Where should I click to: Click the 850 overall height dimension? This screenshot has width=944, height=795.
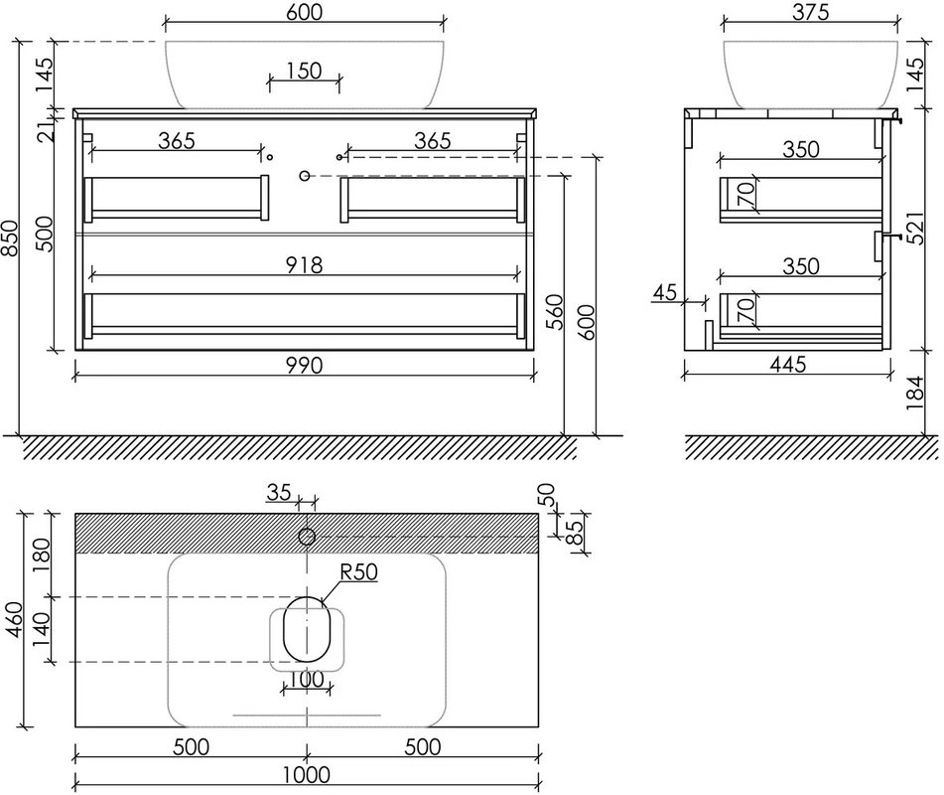point(11,238)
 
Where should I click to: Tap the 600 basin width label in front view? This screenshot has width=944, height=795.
point(304,12)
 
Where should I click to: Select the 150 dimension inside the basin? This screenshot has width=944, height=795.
point(304,71)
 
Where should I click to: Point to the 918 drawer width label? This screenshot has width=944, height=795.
point(304,264)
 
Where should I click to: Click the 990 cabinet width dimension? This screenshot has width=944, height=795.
point(304,366)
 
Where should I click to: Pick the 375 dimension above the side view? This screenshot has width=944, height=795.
point(810,12)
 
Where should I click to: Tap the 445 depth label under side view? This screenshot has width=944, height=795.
point(788,364)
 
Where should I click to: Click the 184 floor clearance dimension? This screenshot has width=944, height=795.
point(914,393)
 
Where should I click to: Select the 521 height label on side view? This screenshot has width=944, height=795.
point(914,228)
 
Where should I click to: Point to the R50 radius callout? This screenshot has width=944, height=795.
point(358,572)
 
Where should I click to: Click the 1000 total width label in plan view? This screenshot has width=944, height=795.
point(307,774)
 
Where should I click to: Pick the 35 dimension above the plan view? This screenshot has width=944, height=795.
point(279,493)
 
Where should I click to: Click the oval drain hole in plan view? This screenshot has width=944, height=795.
point(307,629)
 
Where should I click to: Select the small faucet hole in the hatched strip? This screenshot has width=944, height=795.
point(307,537)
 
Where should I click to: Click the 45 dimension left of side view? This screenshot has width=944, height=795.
point(665,293)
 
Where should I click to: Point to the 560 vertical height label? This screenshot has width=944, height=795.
point(554,312)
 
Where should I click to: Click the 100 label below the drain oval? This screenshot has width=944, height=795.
point(307,680)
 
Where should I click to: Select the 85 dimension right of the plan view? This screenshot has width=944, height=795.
point(576,533)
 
